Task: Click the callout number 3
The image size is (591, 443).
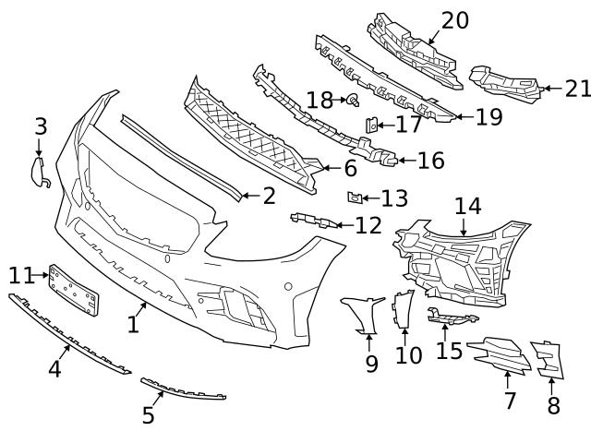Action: click(x=41, y=126)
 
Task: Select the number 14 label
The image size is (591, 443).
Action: click(x=467, y=206)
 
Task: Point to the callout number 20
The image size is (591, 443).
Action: click(x=454, y=20)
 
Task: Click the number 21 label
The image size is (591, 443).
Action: click(x=577, y=89)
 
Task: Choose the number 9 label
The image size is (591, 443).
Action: click(x=371, y=364)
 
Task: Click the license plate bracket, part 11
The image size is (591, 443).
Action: click(x=74, y=288)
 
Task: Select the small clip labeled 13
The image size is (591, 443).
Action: click(x=353, y=197)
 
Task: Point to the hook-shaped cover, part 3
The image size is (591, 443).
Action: click(x=40, y=171)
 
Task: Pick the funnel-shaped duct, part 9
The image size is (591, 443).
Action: click(x=364, y=314)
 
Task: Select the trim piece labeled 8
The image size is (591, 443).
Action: click(x=547, y=360)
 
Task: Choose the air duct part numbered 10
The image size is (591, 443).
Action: click(x=404, y=309)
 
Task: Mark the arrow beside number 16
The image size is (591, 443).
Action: click(x=399, y=162)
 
